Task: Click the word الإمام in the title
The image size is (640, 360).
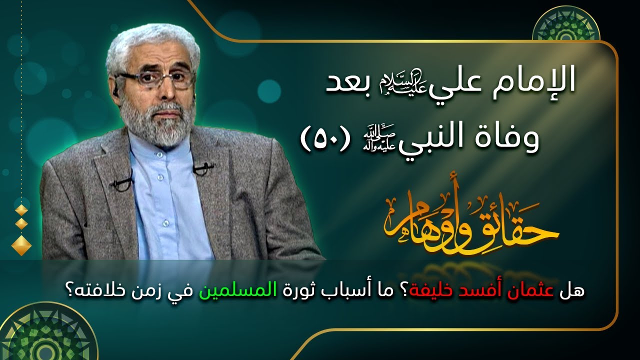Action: [544, 81]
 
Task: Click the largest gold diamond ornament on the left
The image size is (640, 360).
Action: [21, 244]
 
